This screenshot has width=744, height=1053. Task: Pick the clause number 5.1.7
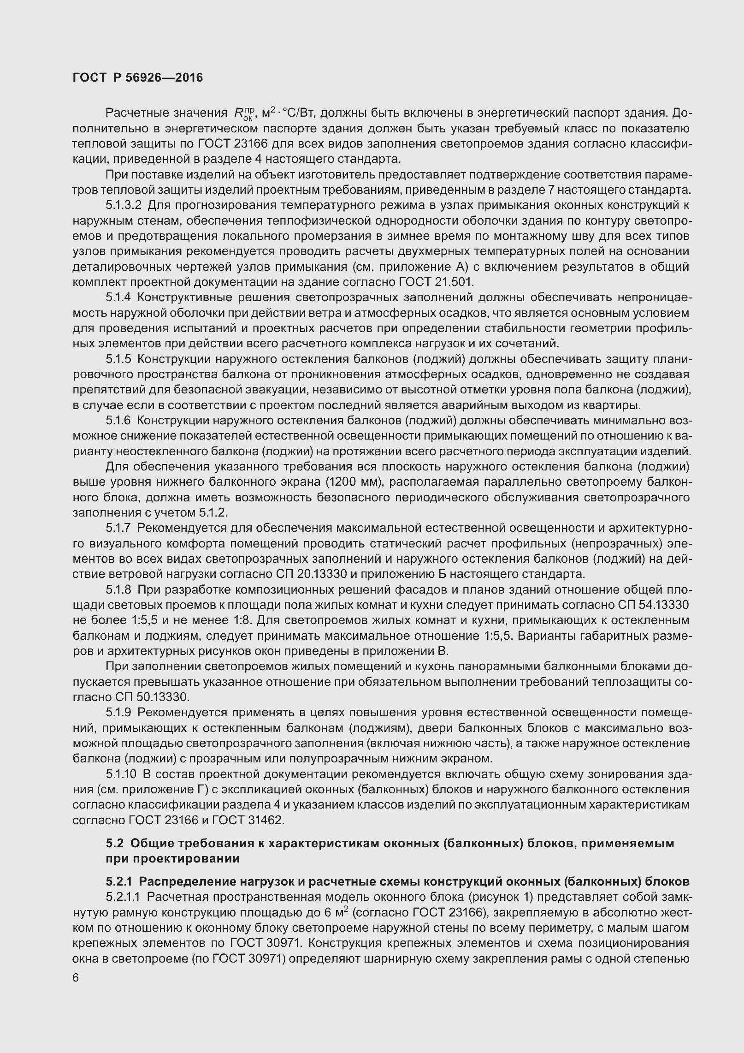[118, 528]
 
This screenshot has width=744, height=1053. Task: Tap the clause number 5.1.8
[118, 590]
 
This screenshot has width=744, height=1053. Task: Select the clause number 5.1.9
[118, 713]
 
